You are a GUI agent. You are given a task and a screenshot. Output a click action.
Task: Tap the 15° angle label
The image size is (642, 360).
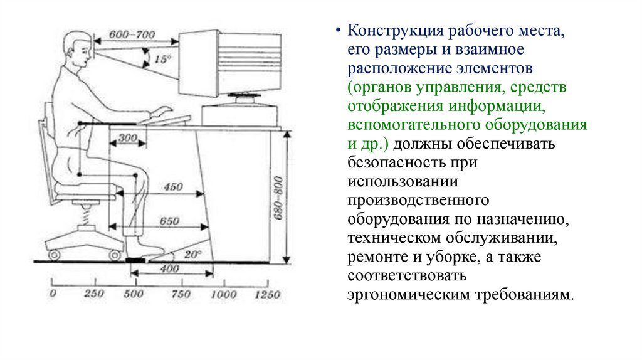[x=162, y=60]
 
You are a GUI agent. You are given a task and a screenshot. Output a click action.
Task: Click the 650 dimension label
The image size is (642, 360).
[x=169, y=221]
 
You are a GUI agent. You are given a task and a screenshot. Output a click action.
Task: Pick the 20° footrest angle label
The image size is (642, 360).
[x=192, y=254]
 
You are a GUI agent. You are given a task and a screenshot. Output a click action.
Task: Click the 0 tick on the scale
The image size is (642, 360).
[x=53, y=294]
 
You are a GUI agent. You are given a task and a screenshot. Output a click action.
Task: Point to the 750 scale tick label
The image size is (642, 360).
[x=181, y=294]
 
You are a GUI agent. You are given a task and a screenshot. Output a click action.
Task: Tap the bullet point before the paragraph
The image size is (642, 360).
[x=339, y=31]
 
